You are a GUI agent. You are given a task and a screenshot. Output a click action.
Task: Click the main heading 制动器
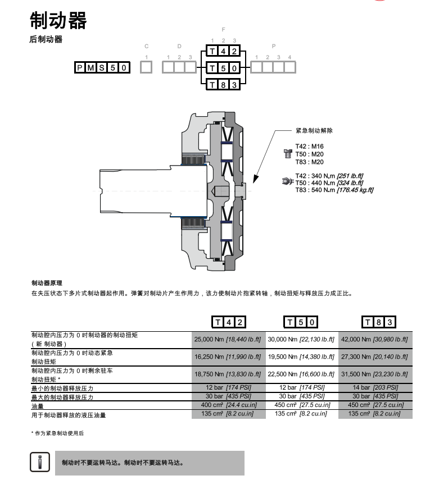(58, 21)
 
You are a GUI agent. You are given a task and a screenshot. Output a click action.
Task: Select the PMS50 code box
(102, 67)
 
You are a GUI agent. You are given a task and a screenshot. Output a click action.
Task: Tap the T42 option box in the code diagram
(223, 51)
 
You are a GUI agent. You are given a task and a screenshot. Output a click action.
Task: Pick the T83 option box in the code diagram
(223, 84)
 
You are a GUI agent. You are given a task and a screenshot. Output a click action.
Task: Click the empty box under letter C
(146, 67)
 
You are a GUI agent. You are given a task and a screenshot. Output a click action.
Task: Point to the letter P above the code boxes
(274, 46)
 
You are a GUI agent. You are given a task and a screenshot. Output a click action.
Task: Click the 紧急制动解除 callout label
(314, 130)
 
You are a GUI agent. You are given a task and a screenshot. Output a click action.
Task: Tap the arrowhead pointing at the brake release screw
(256, 180)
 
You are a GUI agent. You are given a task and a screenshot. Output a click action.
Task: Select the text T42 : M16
(310, 147)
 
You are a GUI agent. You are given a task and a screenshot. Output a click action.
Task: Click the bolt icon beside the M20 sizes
(287, 153)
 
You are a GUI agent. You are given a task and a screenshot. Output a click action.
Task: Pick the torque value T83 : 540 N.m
(315, 190)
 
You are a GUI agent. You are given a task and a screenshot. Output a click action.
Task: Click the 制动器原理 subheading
(47, 283)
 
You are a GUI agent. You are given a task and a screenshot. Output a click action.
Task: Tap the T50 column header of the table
(301, 322)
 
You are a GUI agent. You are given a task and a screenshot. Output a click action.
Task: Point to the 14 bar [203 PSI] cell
(375, 387)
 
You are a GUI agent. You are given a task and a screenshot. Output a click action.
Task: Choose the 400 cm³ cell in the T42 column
(229, 405)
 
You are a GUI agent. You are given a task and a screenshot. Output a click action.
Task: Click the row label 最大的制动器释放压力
(62, 397)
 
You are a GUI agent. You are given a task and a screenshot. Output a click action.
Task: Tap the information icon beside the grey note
(40, 462)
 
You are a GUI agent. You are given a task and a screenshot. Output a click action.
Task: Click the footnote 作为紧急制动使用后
(57, 433)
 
